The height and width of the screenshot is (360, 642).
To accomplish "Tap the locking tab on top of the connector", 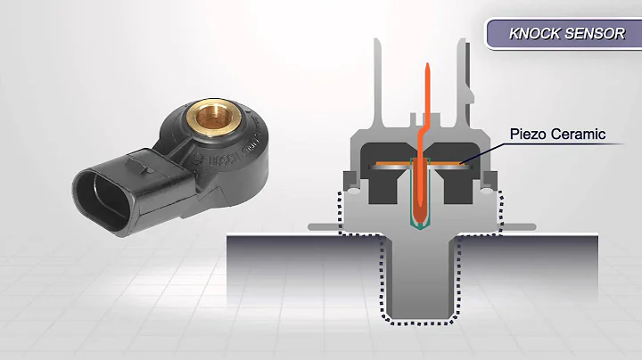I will pos(135,163).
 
